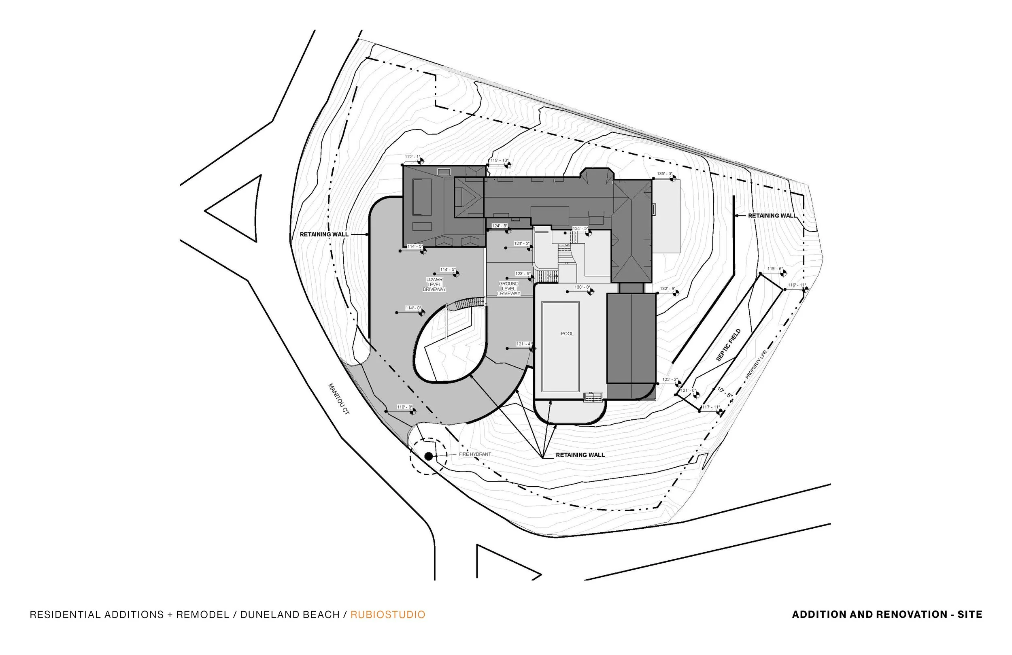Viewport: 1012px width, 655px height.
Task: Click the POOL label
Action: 567,334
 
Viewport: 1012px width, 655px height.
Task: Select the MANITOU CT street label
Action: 338,399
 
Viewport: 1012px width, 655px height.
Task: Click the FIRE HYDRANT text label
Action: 474,454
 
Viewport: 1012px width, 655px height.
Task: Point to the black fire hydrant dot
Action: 429,456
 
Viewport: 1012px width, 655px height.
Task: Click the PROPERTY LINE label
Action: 756,364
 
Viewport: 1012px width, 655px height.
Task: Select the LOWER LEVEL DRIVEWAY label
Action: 434,285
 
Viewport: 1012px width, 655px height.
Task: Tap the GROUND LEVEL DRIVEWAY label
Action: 508,288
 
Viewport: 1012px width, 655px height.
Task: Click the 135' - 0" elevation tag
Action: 664,174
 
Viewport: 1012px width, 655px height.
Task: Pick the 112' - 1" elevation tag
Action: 412,157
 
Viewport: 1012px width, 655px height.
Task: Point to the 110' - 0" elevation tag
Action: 404,407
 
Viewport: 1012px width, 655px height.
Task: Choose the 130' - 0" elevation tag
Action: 582,287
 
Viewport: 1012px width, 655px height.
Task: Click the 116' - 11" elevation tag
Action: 796,285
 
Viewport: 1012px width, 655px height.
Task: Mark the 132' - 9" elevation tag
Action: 667,289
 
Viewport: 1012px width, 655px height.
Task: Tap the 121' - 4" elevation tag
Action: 524,344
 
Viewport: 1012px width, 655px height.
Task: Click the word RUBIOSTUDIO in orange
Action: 388,615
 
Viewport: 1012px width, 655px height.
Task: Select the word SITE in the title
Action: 970,615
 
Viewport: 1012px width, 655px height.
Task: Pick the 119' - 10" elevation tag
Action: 499,161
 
